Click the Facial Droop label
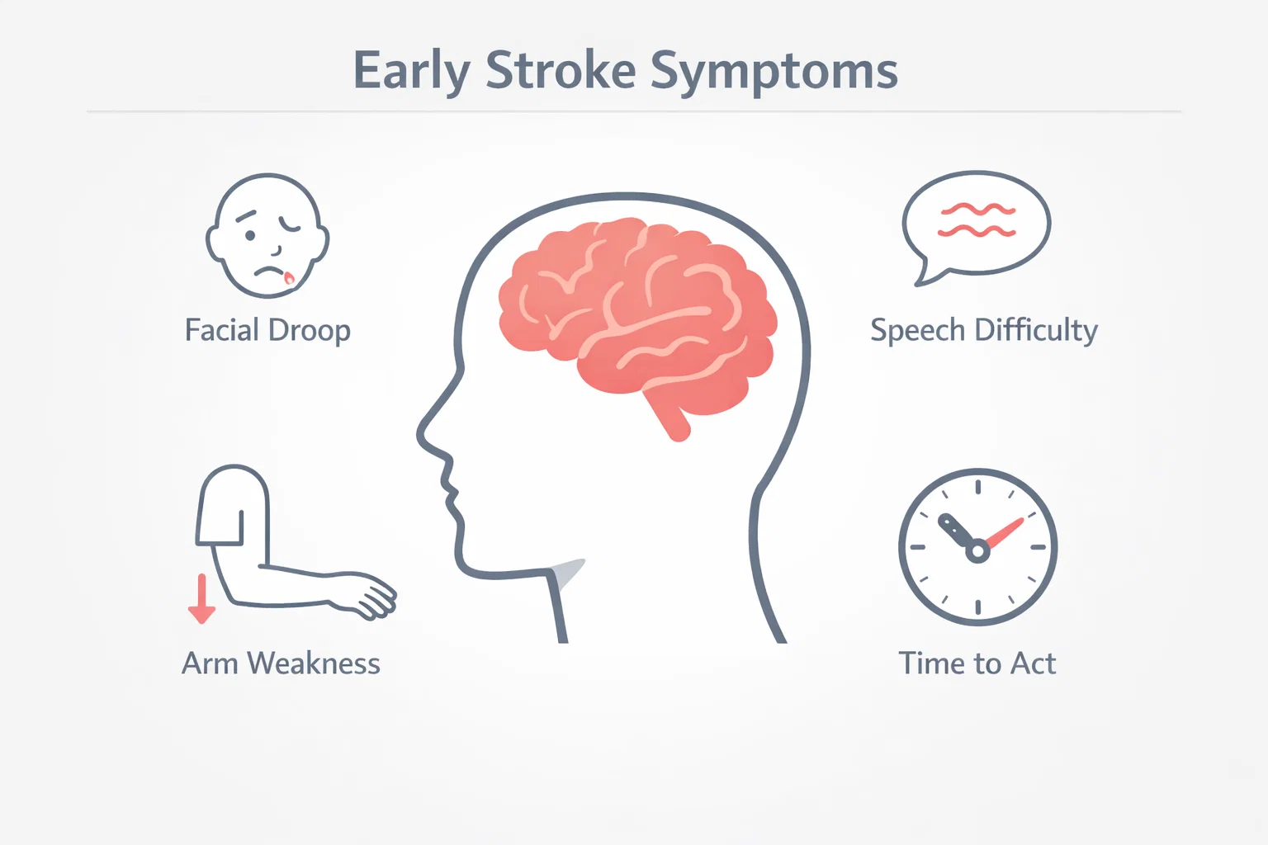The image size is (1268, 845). [x=267, y=331]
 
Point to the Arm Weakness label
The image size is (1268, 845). [x=281, y=663]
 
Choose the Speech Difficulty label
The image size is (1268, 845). [x=984, y=331]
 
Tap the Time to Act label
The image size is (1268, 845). [x=977, y=663]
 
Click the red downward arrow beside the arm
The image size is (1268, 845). [x=201, y=599]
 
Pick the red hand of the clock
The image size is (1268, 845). [x=1004, y=532]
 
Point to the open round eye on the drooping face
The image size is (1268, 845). [x=250, y=235]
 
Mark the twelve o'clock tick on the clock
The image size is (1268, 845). [x=977, y=487]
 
